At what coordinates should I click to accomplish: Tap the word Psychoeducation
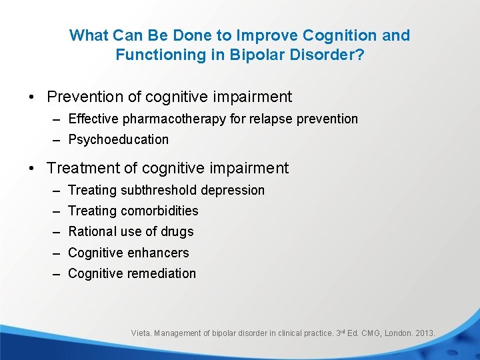point(119,139)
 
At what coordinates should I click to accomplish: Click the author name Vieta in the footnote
point(141,333)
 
